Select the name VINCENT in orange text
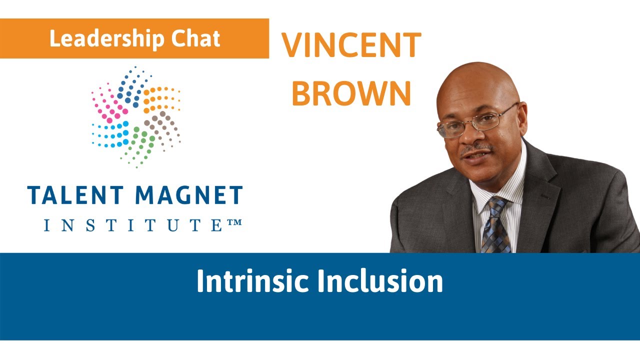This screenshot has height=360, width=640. pyautogui.click(x=351, y=46)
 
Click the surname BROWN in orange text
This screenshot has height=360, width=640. pyautogui.click(x=351, y=93)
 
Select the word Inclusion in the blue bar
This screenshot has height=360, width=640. pyautogui.click(x=380, y=281)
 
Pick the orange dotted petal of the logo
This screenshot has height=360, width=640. pyautogui.click(x=161, y=99)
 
